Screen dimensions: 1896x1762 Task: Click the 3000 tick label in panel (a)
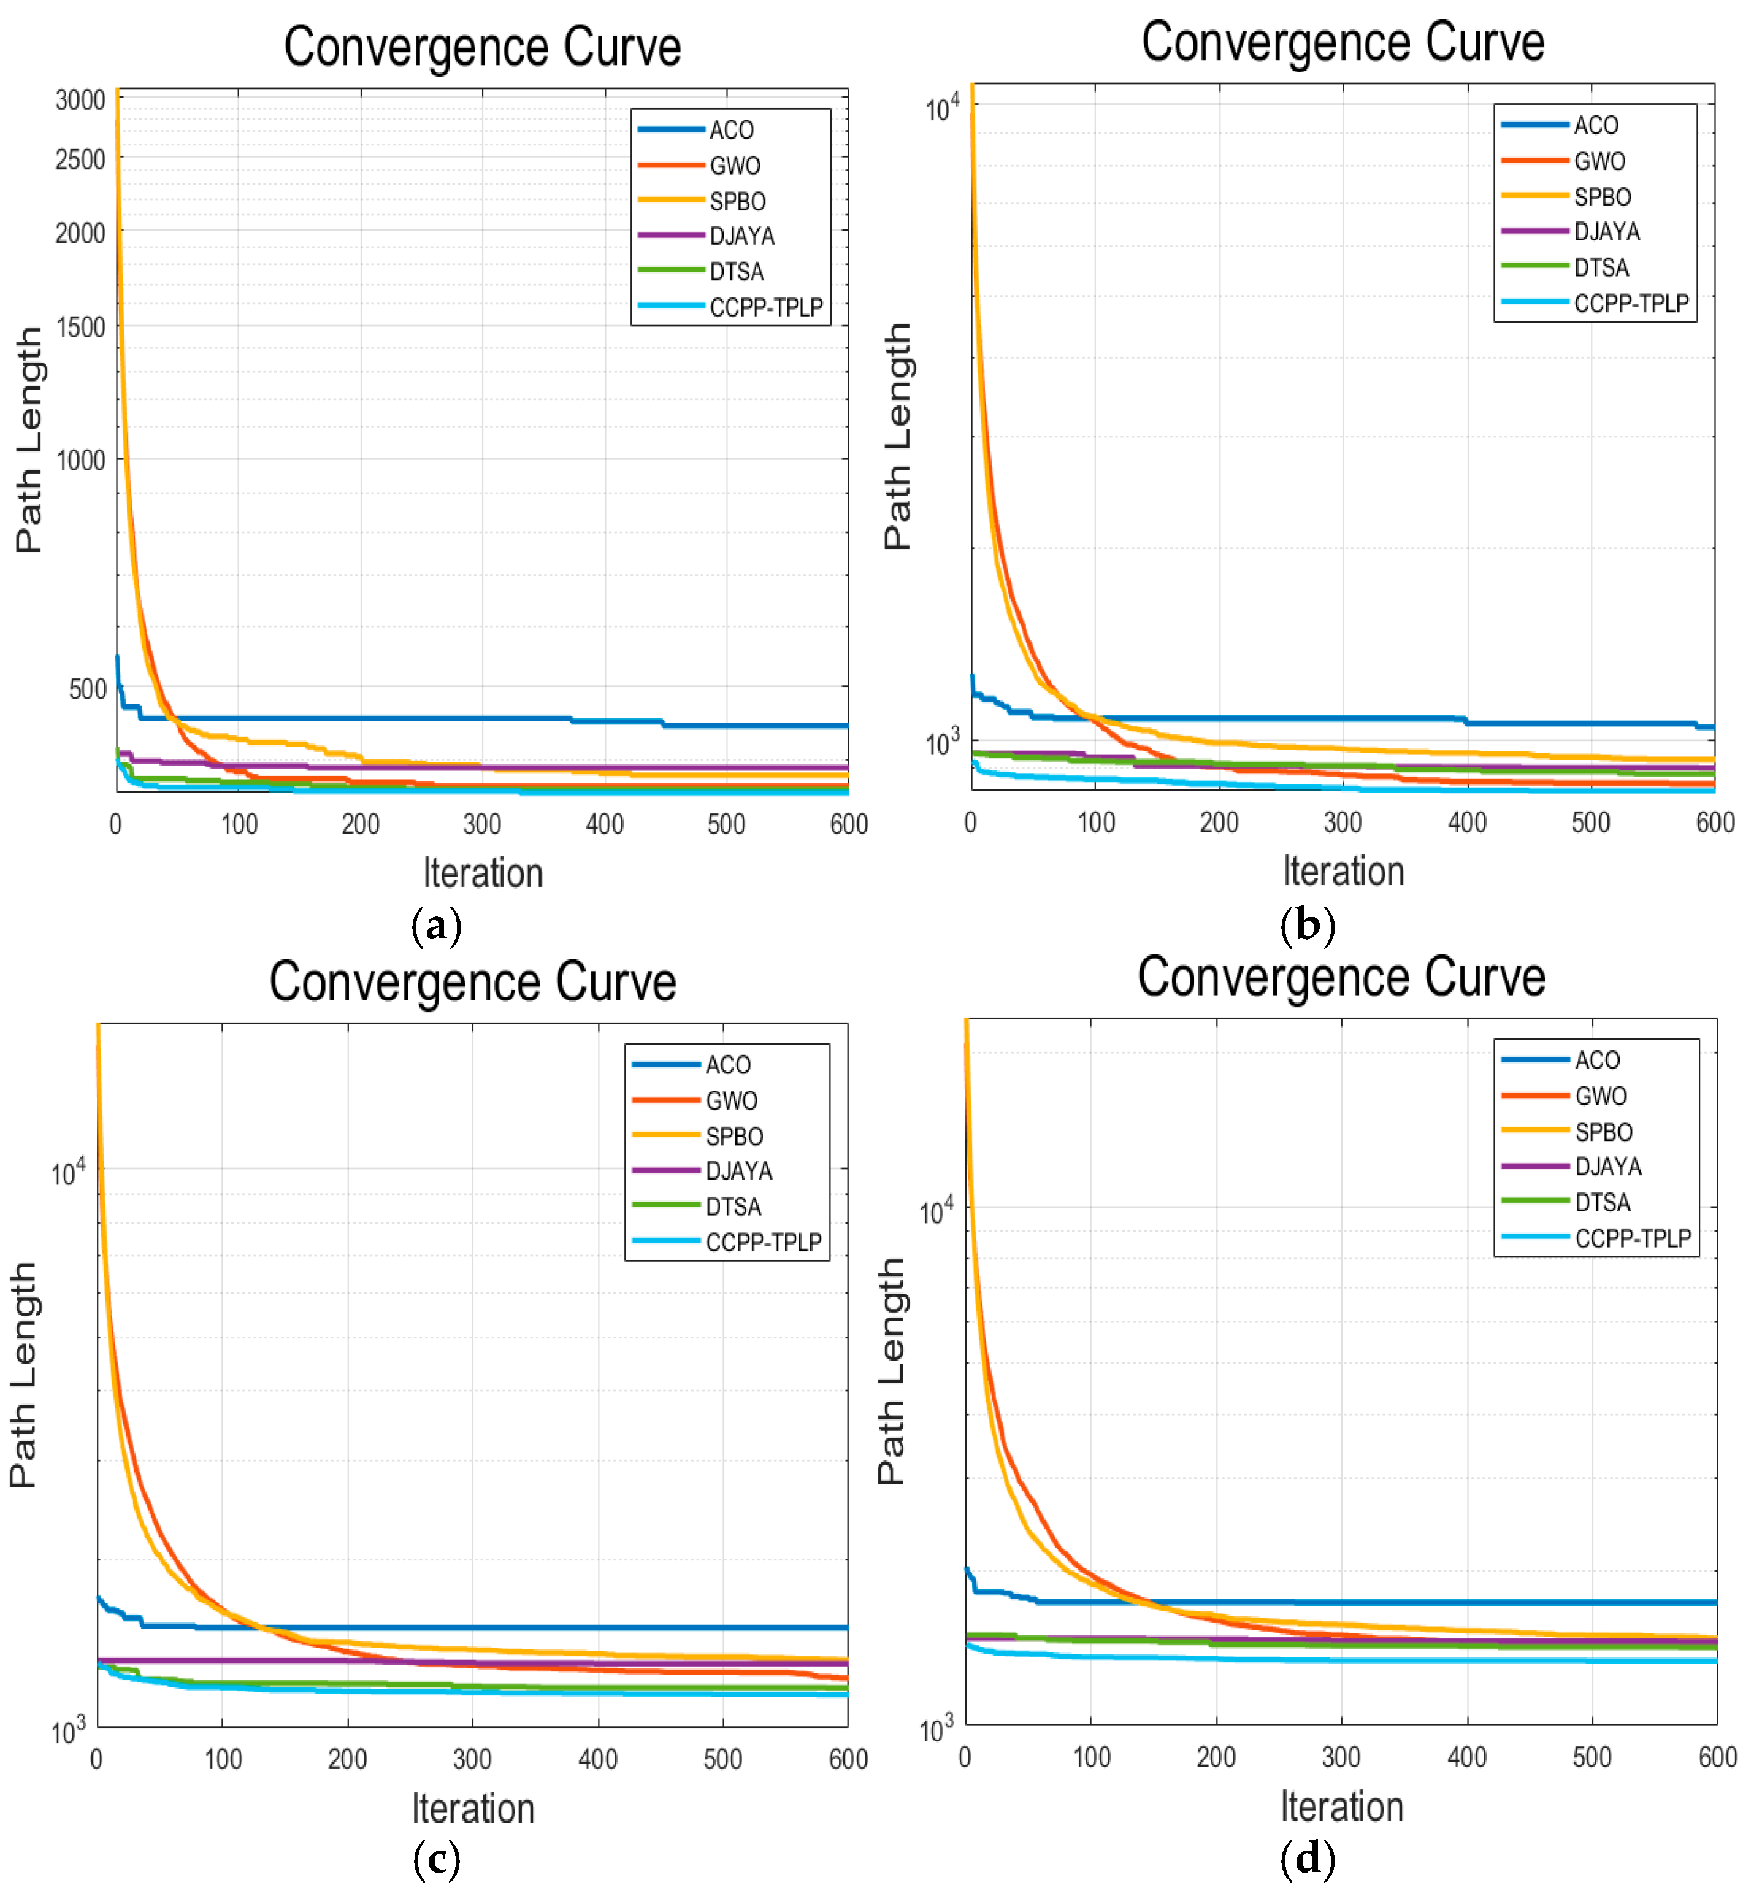[80, 99]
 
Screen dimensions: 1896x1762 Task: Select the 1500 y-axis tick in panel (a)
[80, 327]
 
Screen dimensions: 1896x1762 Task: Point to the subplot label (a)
[435, 925]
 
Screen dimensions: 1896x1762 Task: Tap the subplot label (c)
[435, 1858]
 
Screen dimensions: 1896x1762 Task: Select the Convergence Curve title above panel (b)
[1343, 43]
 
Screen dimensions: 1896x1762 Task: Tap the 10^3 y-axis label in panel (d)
[937, 1729]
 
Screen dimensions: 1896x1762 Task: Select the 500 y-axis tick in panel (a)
[86, 689]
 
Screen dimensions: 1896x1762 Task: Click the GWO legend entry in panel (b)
[1599, 161]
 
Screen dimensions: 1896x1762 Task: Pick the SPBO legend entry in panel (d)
[1603, 1132]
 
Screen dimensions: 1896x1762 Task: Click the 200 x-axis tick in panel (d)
[1216, 1757]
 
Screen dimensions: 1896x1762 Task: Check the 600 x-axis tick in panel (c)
[848, 1759]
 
